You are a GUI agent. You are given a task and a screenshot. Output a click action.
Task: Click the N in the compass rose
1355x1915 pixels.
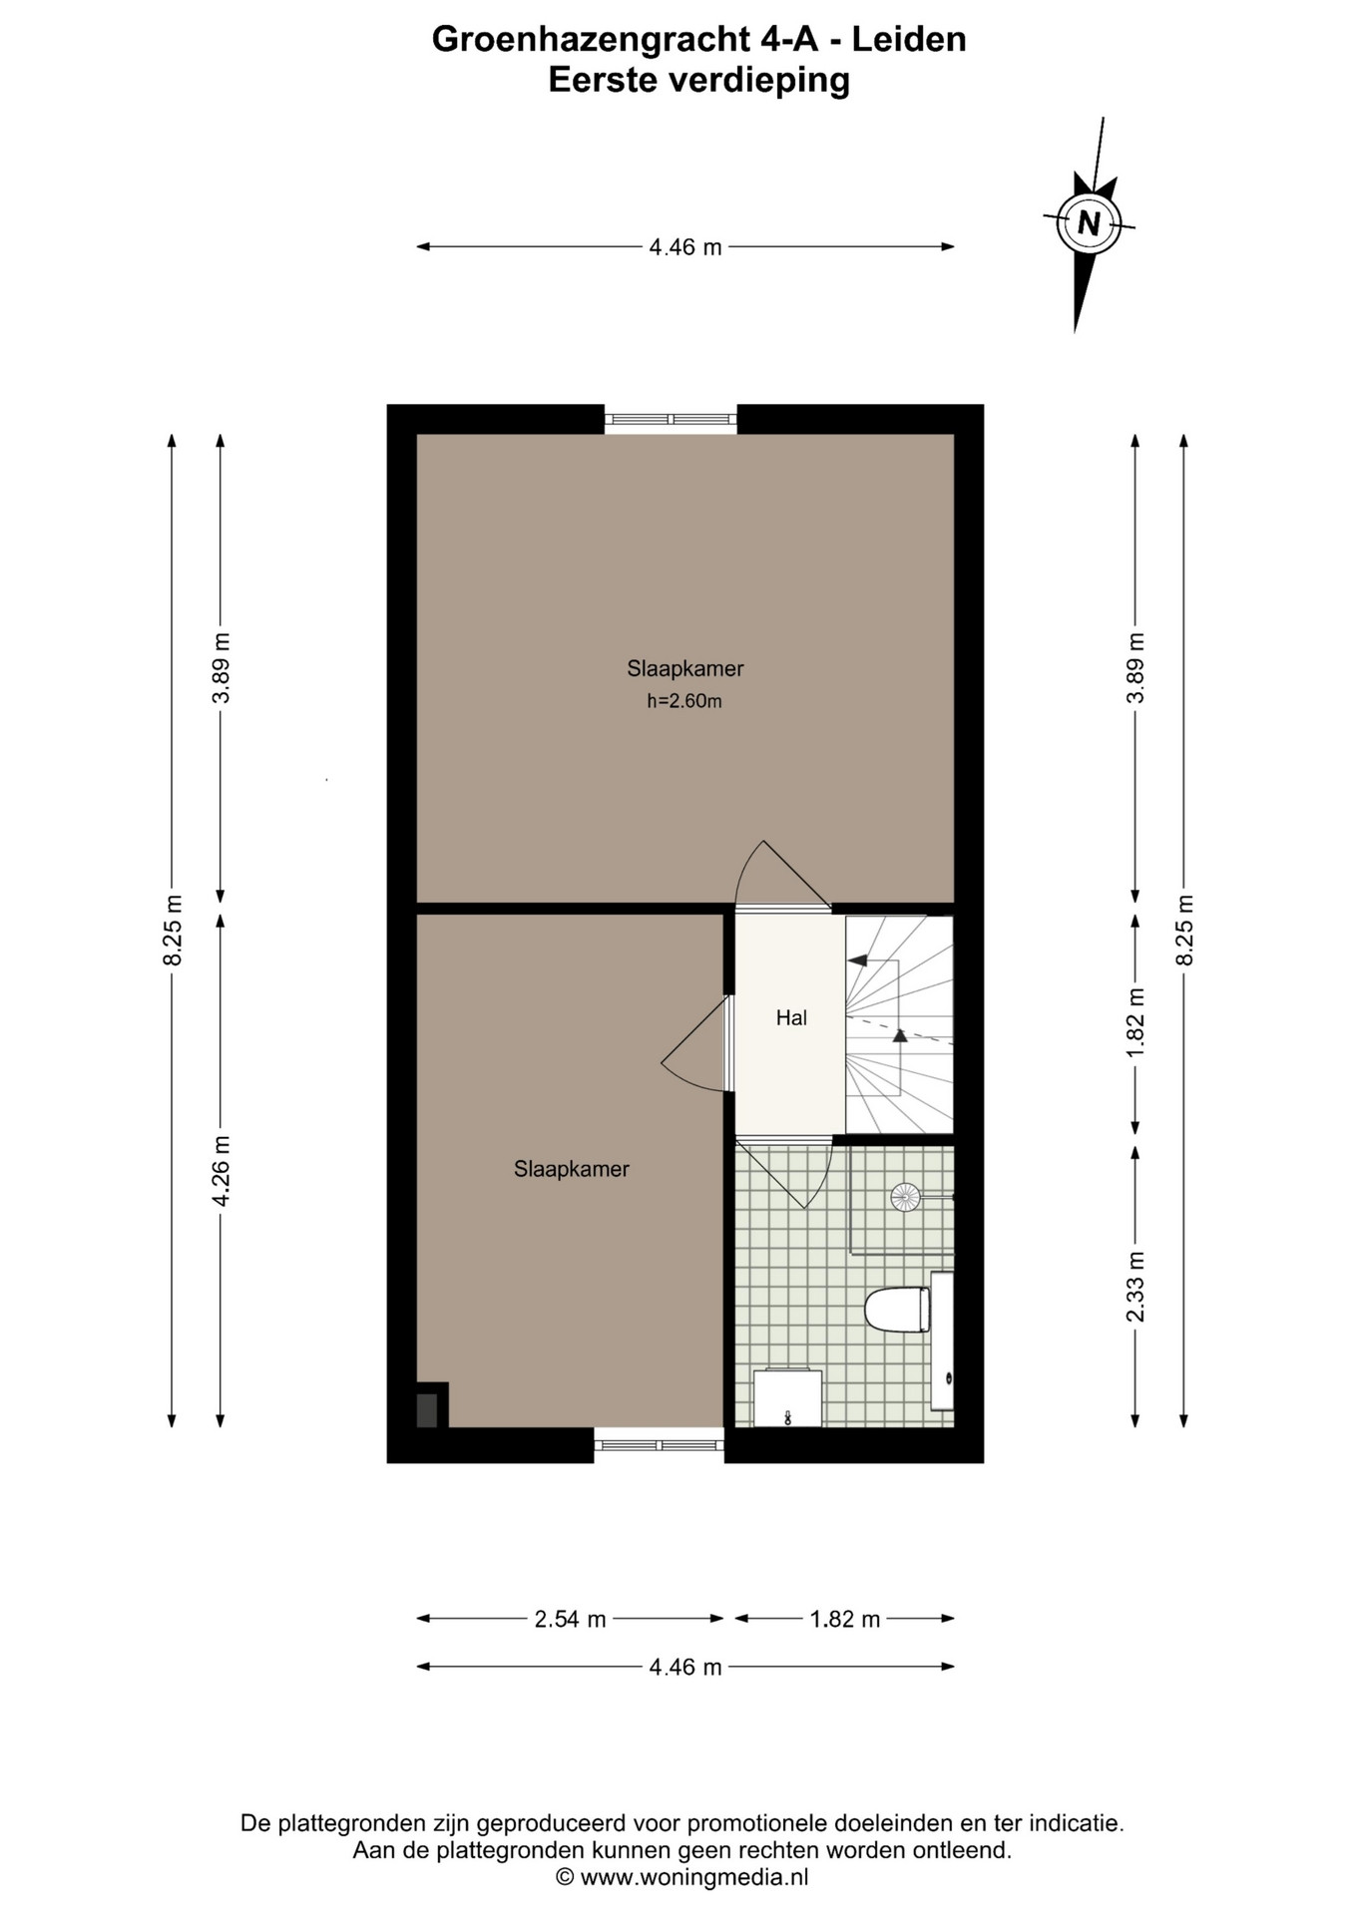click(1089, 222)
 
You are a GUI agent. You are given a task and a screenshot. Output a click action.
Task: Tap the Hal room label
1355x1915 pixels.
click(791, 1018)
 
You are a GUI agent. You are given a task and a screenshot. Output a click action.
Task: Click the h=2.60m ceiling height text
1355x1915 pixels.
click(684, 701)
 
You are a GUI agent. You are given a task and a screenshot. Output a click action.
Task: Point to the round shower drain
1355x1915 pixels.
click(906, 1196)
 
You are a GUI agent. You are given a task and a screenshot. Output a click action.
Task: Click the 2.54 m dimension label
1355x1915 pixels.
click(571, 1619)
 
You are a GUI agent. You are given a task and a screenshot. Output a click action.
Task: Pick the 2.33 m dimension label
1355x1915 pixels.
click(1135, 1287)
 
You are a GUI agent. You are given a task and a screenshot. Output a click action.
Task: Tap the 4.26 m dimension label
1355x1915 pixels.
click(222, 1171)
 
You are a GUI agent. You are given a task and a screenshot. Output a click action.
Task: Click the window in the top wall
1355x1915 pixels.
click(671, 420)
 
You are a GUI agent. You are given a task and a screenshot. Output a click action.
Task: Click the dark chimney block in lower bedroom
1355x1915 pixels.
click(427, 1410)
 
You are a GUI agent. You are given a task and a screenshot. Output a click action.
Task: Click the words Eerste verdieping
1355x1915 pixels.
click(699, 81)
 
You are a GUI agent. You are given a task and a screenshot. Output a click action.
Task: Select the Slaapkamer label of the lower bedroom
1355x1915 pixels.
click(572, 1169)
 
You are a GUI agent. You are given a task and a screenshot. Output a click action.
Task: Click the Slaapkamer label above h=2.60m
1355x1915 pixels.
click(685, 668)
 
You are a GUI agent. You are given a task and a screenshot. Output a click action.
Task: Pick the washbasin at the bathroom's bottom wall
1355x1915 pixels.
click(787, 1398)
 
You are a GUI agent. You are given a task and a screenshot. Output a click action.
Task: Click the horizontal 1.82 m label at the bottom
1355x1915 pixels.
click(845, 1619)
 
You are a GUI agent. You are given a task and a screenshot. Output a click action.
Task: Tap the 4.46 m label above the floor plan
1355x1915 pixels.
click(685, 246)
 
